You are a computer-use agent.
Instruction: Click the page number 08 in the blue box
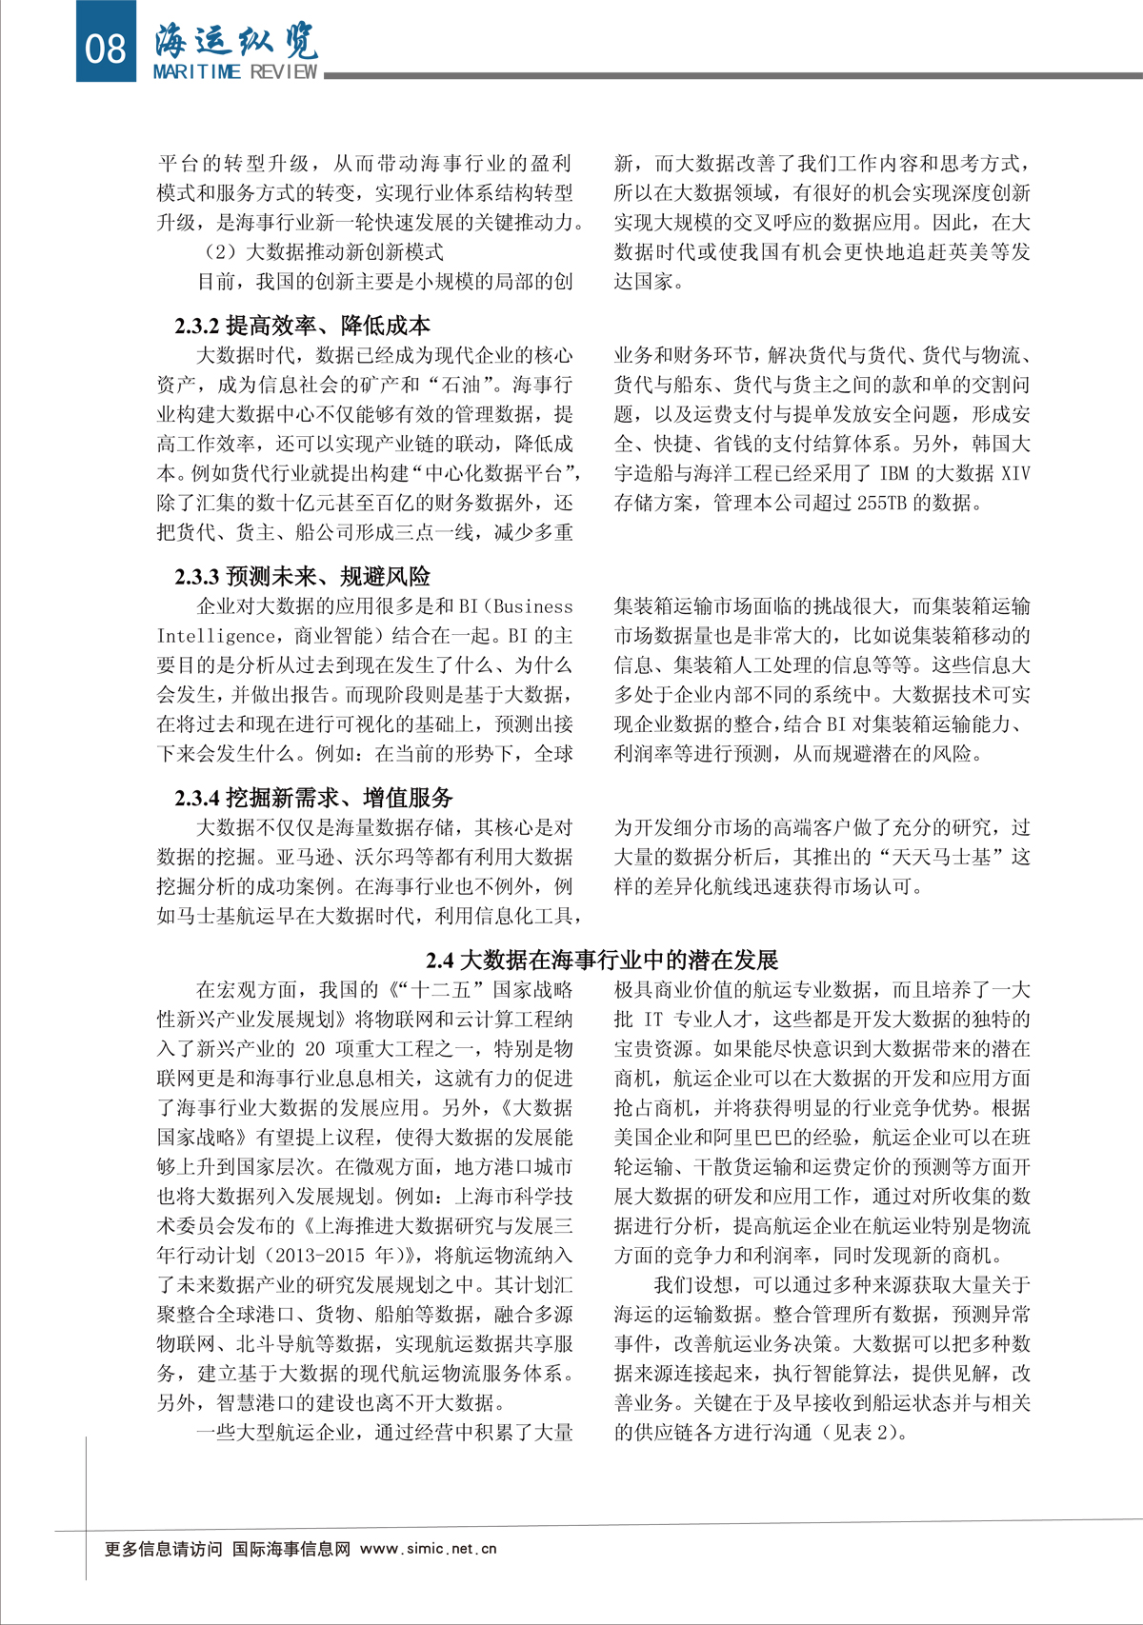(x=106, y=47)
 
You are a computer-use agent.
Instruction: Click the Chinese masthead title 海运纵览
(x=236, y=40)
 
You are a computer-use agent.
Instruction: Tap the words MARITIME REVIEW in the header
(x=235, y=72)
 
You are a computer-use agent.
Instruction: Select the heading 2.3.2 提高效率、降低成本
(x=302, y=326)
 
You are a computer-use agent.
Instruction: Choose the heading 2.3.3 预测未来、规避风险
(x=302, y=576)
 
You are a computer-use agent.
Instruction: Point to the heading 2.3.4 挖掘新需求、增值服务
(x=313, y=798)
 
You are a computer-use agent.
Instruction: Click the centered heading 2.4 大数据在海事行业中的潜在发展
(x=602, y=960)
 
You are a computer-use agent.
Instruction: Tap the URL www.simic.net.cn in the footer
(x=429, y=1549)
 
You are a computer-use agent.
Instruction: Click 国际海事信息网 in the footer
(x=291, y=1549)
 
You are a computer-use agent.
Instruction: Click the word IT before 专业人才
(x=652, y=1020)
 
